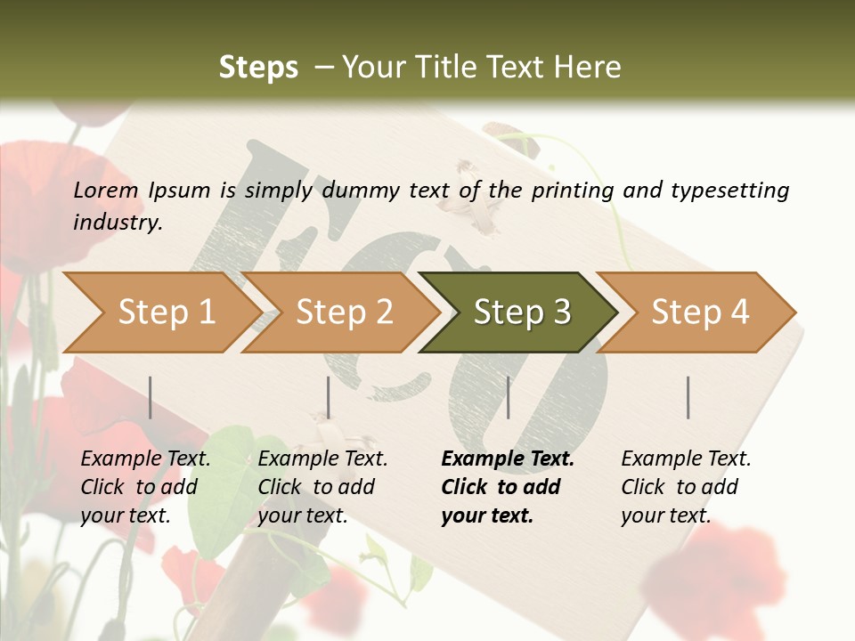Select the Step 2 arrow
tap(344, 312)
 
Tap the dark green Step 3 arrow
tap(522, 312)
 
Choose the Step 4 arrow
tap(700, 312)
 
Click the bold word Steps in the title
tap(258, 67)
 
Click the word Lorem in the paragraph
tap(106, 190)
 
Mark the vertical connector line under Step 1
tap(151, 397)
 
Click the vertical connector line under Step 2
tap(329, 397)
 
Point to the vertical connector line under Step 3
tap(508, 397)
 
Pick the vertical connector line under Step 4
tap(688, 397)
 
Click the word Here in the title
tap(593, 67)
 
